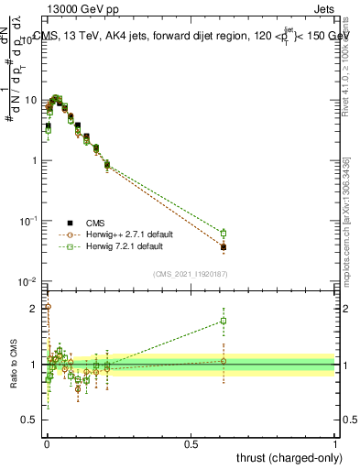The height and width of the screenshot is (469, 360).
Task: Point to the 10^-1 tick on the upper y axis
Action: coord(30,221)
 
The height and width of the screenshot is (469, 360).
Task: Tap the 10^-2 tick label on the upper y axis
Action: coord(30,281)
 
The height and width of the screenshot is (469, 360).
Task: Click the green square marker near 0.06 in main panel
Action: coord(224,233)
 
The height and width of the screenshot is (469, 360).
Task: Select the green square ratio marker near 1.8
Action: coord(224,321)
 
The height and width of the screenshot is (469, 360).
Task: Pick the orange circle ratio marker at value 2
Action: coord(48,307)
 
